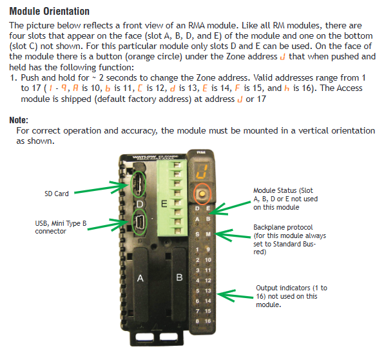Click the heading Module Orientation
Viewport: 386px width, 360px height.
(49, 12)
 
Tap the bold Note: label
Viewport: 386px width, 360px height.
(19, 120)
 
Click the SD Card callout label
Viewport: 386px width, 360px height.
(56, 194)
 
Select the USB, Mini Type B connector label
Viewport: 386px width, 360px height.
(61, 227)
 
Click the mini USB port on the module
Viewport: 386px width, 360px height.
(140, 223)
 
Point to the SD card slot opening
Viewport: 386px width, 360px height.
(138, 184)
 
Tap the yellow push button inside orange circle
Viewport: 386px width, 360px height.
(202, 194)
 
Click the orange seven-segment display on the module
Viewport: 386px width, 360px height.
(202, 171)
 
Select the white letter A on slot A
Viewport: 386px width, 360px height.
(140, 278)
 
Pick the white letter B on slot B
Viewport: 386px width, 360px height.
(179, 277)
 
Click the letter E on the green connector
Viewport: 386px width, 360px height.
(164, 204)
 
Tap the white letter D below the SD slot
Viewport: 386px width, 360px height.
(140, 204)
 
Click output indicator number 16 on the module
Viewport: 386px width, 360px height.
(207, 321)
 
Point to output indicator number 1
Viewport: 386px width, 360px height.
(197, 250)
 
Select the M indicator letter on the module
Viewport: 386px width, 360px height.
(208, 234)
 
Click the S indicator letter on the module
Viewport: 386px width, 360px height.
(197, 234)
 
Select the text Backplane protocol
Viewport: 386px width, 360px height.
(283, 227)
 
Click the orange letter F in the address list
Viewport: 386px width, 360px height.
(237, 88)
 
